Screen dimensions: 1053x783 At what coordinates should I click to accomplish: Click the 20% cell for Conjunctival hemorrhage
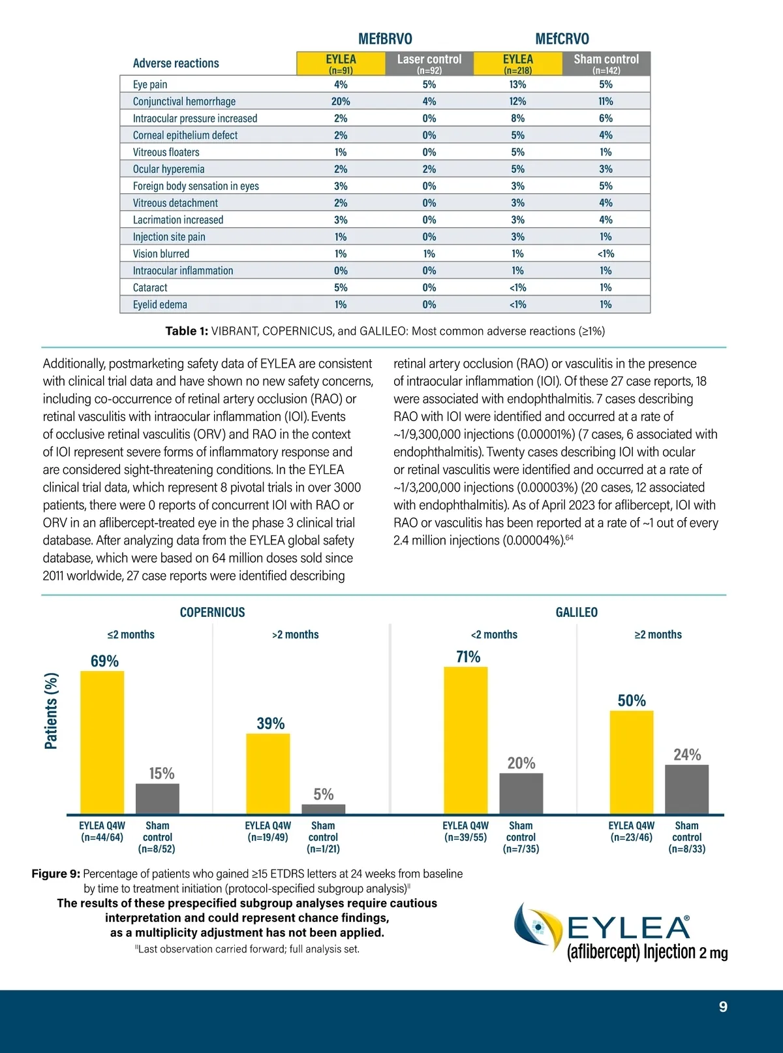(x=341, y=101)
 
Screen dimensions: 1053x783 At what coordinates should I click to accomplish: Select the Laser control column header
(x=429, y=63)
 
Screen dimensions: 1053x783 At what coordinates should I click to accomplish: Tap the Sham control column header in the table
(x=606, y=63)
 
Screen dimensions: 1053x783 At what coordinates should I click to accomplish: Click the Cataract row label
(x=150, y=288)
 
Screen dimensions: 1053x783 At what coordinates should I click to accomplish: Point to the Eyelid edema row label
(x=160, y=305)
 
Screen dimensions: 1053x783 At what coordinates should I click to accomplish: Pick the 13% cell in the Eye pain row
(x=517, y=84)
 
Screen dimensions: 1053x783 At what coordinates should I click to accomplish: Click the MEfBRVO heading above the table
(x=385, y=39)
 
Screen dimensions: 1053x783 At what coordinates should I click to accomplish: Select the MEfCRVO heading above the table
(x=562, y=39)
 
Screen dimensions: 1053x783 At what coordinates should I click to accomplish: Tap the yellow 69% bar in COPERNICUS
(x=102, y=742)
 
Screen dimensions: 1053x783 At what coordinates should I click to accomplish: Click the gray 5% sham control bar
(x=323, y=809)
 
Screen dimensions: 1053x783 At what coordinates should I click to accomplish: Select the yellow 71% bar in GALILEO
(x=465, y=740)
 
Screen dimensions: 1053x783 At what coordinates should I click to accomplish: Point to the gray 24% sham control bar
(x=686, y=789)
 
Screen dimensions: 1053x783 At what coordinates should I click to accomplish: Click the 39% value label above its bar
(x=270, y=723)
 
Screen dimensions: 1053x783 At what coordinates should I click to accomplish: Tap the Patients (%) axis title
(x=51, y=711)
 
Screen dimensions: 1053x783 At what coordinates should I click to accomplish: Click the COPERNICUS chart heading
(x=212, y=612)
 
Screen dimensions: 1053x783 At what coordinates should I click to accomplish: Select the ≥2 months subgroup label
(x=658, y=635)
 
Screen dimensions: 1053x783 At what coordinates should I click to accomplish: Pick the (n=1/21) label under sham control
(x=323, y=849)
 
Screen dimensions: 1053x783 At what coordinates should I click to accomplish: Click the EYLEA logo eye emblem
(x=537, y=926)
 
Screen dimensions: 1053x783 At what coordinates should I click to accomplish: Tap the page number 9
(x=723, y=1007)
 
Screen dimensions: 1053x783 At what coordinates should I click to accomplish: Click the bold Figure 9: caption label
(x=56, y=874)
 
